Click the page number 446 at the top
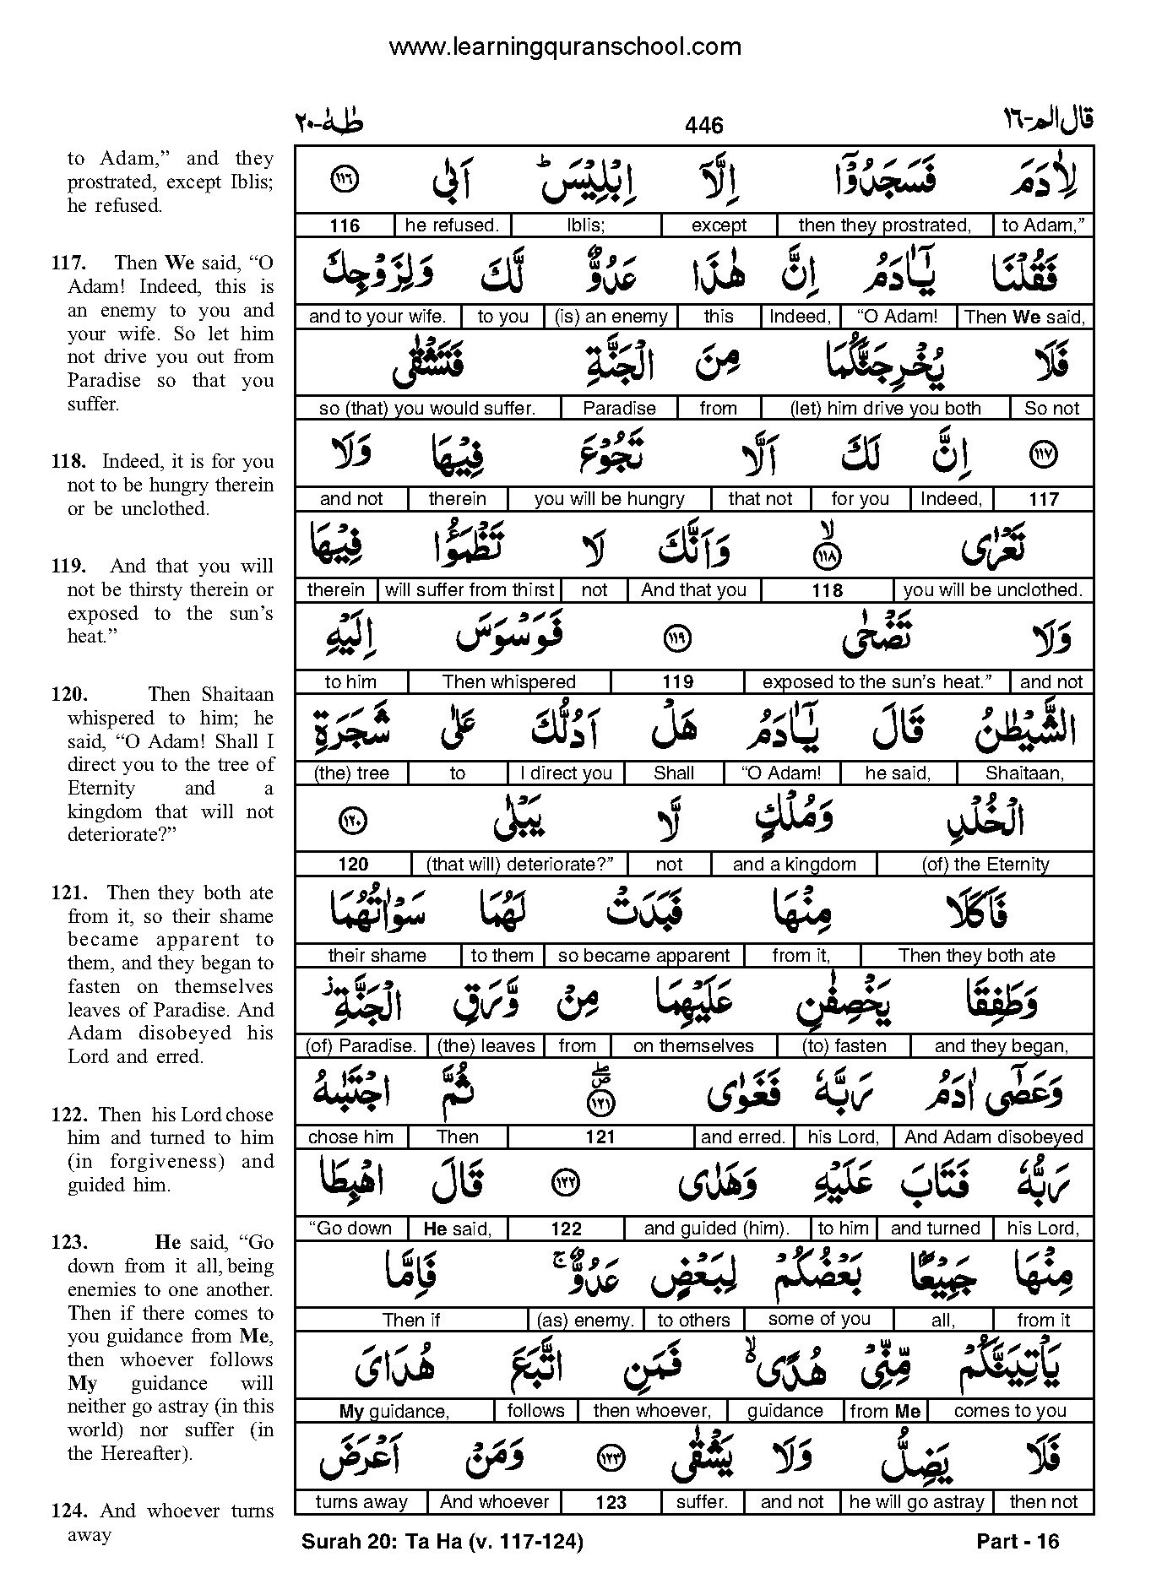(704, 126)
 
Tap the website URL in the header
(565, 47)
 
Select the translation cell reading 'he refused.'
(452, 225)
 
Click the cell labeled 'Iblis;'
(587, 225)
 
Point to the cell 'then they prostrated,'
(884, 225)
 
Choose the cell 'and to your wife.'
(377, 317)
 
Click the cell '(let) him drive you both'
(885, 409)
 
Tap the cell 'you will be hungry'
(609, 499)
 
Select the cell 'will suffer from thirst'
(470, 590)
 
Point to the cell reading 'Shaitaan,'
(1024, 773)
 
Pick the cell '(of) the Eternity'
(985, 864)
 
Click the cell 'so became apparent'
(643, 955)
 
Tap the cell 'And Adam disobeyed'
(993, 1137)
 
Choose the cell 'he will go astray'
(916, 1502)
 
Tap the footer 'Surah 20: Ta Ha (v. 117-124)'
(442, 1542)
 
